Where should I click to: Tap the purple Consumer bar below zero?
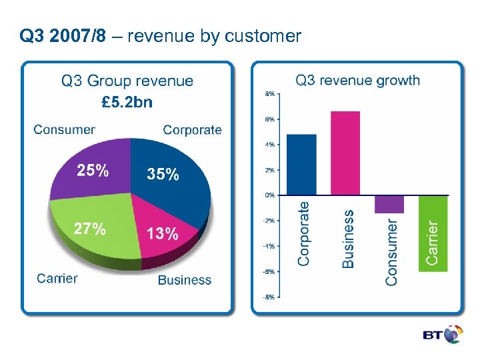click(389, 204)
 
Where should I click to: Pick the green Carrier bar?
click(433, 233)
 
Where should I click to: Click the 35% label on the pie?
click(163, 175)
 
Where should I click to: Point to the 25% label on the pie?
click(93, 171)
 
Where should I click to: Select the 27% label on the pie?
click(89, 229)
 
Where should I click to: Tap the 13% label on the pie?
click(162, 233)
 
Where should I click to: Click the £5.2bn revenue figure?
click(127, 102)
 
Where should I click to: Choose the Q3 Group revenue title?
click(127, 81)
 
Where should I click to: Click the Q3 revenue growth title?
click(357, 81)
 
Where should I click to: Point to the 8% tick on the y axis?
click(269, 94)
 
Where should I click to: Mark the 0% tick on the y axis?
click(269, 195)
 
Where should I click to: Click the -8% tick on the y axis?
click(268, 297)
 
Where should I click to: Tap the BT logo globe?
click(453, 335)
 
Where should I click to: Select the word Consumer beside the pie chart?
click(64, 130)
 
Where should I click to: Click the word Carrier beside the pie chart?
click(57, 279)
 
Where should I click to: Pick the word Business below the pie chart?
click(185, 280)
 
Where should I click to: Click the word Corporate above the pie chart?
click(192, 130)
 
